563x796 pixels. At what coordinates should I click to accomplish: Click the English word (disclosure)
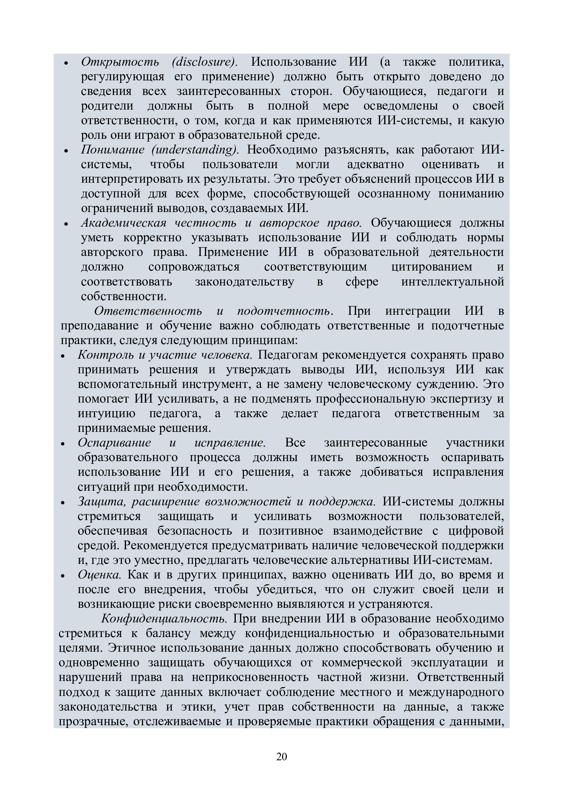[205, 62]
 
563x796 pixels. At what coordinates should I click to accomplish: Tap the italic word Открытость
[120, 62]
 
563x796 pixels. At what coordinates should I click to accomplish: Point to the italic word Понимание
[112, 150]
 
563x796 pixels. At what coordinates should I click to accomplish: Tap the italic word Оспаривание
[114, 443]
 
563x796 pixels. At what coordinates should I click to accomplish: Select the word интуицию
[107, 413]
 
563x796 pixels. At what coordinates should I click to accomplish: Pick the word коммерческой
[362, 663]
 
